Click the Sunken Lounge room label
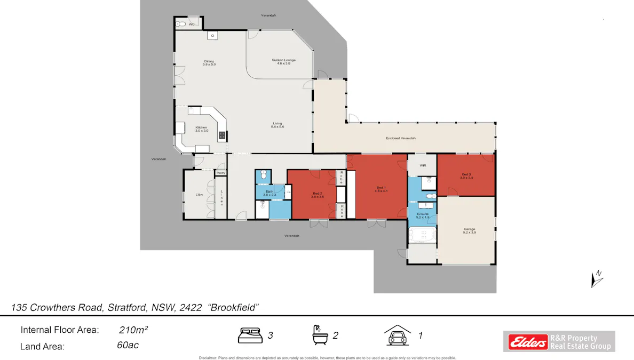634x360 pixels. point(283,62)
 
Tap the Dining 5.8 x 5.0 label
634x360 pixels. point(209,62)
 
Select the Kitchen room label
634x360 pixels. point(201,129)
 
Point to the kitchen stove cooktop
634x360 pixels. point(221,135)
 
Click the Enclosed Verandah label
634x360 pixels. point(400,138)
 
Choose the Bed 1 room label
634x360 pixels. point(381,189)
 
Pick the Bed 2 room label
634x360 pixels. point(317,195)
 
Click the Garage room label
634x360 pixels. point(469,231)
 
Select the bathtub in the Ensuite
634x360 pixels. point(422,235)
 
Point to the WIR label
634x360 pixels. point(423,165)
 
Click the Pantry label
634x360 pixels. point(221,172)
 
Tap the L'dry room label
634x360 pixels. point(199,195)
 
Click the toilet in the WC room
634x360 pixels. point(181,24)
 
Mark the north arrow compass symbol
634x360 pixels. point(596,279)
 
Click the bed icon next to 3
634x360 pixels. point(250,335)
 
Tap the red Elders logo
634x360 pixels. point(528,341)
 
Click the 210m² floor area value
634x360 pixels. point(133,330)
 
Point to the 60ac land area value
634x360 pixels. point(128,345)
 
